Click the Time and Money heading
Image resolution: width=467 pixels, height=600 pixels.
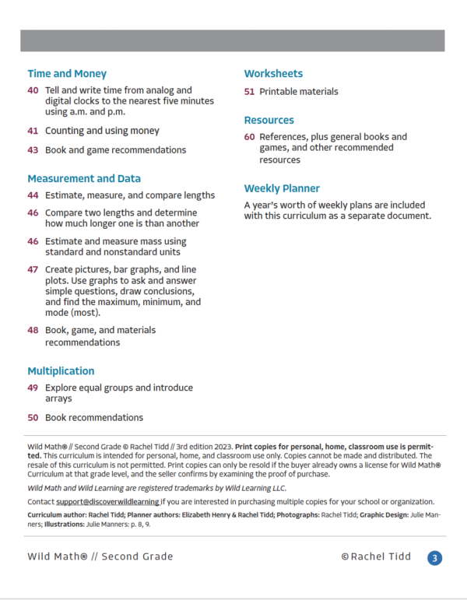(x=67, y=74)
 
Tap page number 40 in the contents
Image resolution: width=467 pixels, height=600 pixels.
(x=33, y=91)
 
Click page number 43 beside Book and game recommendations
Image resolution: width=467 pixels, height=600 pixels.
(x=33, y=149)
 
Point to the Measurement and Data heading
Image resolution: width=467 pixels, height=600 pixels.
(x=84, y=178)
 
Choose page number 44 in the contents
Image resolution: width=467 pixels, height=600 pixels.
(x=33, y=195)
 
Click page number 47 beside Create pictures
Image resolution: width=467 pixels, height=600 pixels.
(x=33, y=269)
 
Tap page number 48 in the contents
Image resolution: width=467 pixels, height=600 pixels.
(x=33, y=330)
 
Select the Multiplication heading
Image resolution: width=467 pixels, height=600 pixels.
(x=61, y=371)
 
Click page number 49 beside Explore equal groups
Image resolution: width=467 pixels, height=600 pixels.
(x=33, y=388)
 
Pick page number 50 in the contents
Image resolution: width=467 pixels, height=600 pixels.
(x=33, y=417)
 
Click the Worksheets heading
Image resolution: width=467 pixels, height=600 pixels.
(x=273, y=74)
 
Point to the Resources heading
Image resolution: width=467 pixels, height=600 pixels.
(x=269, y=121)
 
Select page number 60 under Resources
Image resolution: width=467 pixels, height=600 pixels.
(x=249, y=137)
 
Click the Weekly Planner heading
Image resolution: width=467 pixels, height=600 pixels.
(x=282, y=188)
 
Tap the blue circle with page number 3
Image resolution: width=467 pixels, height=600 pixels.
(x=435, y=557)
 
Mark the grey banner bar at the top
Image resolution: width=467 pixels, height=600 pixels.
(x=233, y=41)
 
